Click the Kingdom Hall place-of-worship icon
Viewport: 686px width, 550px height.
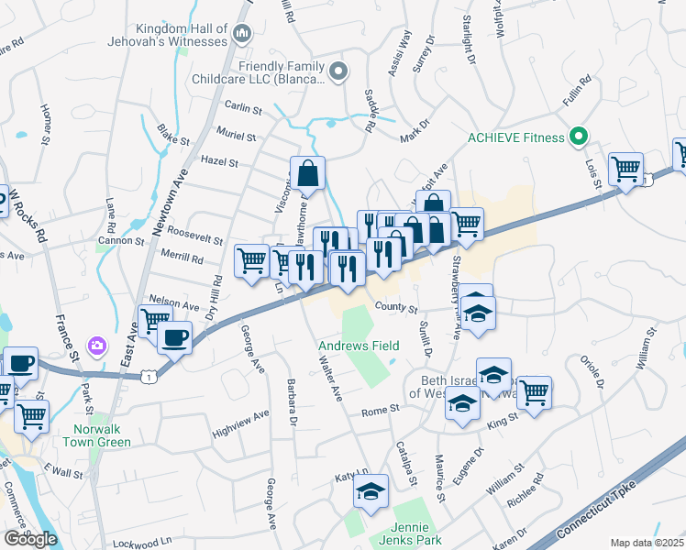tap(242, 35)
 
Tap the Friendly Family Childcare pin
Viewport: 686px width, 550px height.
tap(338, 70)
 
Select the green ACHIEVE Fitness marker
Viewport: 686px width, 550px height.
tap(578, 137)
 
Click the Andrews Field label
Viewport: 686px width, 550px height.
tap(359, 346)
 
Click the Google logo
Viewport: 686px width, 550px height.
tap(30, 538)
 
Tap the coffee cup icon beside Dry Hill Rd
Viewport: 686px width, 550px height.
tap(173, 336)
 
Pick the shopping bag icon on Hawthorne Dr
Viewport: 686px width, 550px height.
tap(309, 173)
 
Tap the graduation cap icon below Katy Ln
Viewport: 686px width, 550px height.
tap(371, 492)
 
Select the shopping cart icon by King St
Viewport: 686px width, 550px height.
tap(533, 391)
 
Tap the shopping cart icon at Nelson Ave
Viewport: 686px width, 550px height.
tap(154, 320)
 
